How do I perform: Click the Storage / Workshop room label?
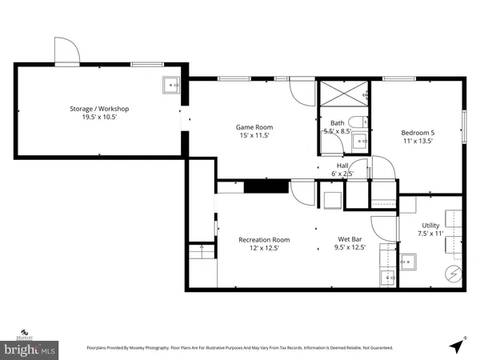pyautogui.click(x=99, y=109)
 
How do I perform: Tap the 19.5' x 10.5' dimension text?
pyautogui.click(x=99, y=117)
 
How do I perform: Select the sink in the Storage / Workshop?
pyautogui.click(x=171, y=83)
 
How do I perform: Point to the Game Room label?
pyautogui.click(x=254, y=127)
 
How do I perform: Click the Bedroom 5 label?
pyautogui.click(x=417, y=133)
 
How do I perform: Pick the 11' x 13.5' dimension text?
pyautogui.click(x=417, y=141)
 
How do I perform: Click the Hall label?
pyautogui.click(x=342, y=166)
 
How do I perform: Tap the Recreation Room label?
pyautogui.click(x=264, y=239)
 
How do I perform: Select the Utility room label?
pyautogui.click(x=430, y=227)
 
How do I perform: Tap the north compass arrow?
pyautogui.click(x=456, y=345)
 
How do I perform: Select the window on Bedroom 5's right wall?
pyautogui.click(x=462, y=124)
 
